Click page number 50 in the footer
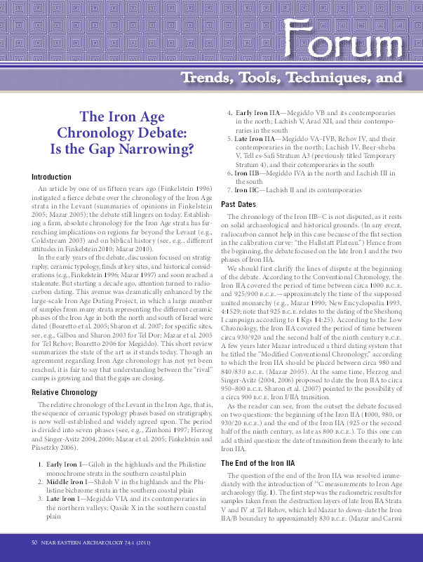click(x=34, y=542)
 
